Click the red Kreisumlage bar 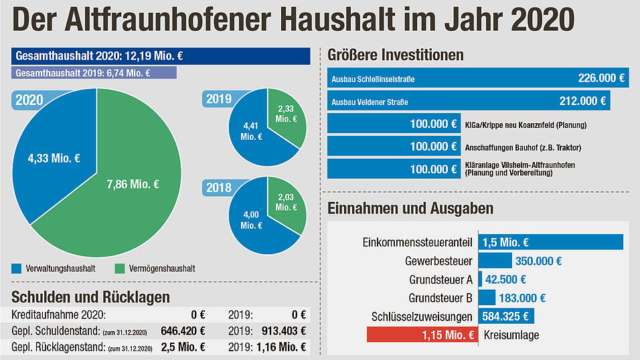click(x=422, y=335)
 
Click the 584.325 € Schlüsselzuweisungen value click(x=506, y=317)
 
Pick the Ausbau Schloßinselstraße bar click(x=477, y=78)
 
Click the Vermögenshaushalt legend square click(x=120, y=269)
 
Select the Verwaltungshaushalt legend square click(x=17, y=269)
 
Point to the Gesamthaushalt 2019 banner click(x=94, y=73)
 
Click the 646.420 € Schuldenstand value click(x=183, y=331)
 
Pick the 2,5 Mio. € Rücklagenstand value click(x=183, y=347)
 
